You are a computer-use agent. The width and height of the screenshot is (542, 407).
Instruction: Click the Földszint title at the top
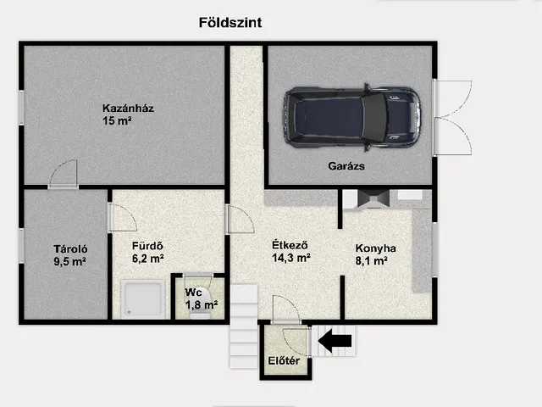coord(230,23)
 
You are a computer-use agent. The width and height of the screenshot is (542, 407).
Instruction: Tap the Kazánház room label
coord(128,109)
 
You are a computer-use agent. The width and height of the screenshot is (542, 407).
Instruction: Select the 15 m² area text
coord(117,120)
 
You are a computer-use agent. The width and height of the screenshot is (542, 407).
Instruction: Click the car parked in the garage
coord(352,117)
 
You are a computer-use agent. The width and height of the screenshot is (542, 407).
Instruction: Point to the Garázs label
coord(346,166)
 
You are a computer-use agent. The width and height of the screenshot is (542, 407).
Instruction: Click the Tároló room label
coord(70,248)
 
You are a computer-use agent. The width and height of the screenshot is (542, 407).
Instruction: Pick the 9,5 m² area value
coord(69,262)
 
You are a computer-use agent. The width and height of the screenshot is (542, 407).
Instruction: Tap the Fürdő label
coord(147,246)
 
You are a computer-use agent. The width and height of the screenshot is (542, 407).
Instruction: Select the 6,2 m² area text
coord(148,259)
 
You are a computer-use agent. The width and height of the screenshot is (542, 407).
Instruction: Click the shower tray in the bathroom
coord(143,299)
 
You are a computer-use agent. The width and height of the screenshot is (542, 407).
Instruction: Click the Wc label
coord(194,293)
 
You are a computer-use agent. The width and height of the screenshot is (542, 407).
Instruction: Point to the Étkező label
coord(290,245)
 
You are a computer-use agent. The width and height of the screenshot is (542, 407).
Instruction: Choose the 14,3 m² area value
coord(291,258)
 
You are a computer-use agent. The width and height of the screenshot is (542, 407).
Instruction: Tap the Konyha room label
coord(376,248)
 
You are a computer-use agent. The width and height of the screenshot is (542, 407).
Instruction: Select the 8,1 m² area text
coord(371,260)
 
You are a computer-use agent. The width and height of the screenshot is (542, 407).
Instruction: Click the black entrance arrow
coord(335,341)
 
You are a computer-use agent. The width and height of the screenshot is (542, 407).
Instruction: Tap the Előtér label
coord(284,361)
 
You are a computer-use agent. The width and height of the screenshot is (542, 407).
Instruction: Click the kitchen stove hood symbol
coord(373,199)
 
